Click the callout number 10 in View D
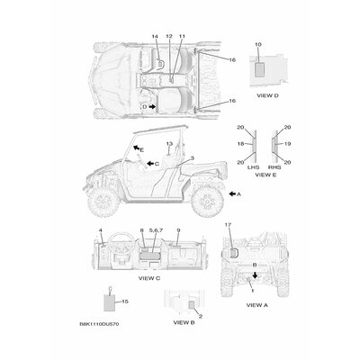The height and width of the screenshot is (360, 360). coord(258,44)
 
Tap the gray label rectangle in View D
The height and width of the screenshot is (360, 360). coord(259,70)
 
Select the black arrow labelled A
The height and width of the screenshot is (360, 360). coord(232,194)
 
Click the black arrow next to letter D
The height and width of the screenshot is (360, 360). coord(152,106)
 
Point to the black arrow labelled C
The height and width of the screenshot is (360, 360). coord(150,164)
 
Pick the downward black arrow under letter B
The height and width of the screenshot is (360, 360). coord(255,274)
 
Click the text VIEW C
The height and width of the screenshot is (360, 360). coord(149,278)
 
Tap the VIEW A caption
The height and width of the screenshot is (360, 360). coord(256,305)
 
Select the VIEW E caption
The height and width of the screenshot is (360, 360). coord(265,175)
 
